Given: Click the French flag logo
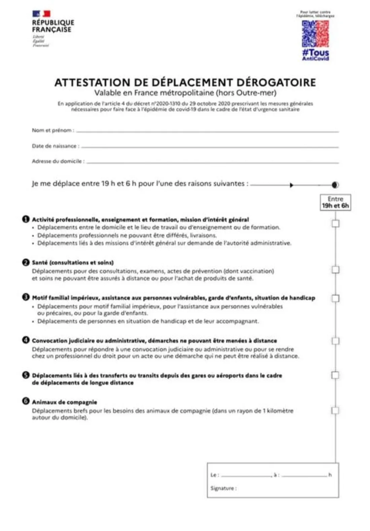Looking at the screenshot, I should pyautogui.click(x=41, y=13).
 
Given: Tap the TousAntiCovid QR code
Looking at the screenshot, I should pyautogui.click(x=315, y=34).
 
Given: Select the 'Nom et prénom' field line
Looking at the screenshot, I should pyautogui.click(x=207, y=131).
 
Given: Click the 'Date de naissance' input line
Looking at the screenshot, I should pyautogui.click(x=209, y=147).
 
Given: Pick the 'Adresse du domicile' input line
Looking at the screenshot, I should pyautogui.click(x=212, y=163).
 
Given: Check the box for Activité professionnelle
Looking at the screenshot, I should pyautogui.click(x=335, y=223).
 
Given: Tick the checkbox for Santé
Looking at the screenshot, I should pyautogui.click(x=335, y=270).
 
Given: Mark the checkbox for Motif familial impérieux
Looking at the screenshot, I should pyautogui.click(x=335, y=298).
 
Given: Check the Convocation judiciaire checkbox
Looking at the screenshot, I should pyautogui.click(x=335, y=341).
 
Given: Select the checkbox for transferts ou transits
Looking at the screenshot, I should pyautogui.click(x=335, y=375).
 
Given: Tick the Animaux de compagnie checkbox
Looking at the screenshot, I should pyautogui.click(x=335, y=410).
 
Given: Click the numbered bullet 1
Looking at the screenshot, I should pyautogui.click(x=26, y=219).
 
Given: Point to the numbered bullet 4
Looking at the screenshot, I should pyautogui.click(x=26, y=340).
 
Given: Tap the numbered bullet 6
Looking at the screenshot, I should pyautogui.click(x=26, y=401).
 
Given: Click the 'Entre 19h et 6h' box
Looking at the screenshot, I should pyautogui.click(x=335, y=202).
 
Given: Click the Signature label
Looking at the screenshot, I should pyautogui.click(x=223, y=488).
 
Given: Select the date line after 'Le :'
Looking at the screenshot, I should pyautogui.click(x=246, y=476).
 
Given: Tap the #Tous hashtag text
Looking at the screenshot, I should pyautogui.click(x=315, y=53).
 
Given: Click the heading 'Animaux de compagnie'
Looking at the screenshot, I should pyautogui.click(x=64, y=402).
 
